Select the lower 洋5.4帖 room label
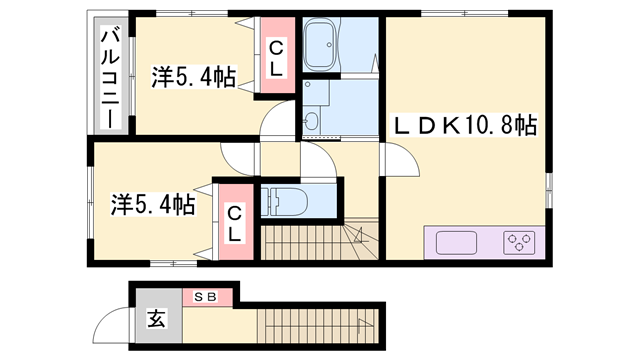pyautogui.click(x=152, y=207)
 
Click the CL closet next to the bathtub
pyautogui.click(x=275, y=57)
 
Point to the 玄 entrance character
pyautogui.click(x=158, y=321)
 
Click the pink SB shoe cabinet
pyautogui.click(x=207, y=296)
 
